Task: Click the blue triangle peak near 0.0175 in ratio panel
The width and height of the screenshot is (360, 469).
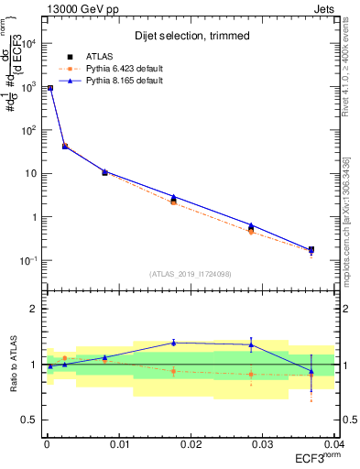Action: point(173,343)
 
